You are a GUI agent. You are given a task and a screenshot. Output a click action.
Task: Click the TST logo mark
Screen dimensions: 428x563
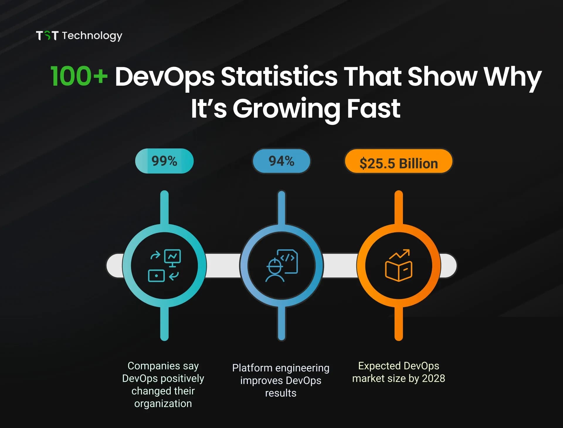pos(47,35)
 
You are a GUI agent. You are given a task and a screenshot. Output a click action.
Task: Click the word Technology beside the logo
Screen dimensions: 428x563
pos(92,36)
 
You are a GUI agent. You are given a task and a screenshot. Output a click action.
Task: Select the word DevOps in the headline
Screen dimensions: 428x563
pos(165,77)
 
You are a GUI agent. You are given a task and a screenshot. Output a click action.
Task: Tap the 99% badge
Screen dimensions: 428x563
pos(164,161)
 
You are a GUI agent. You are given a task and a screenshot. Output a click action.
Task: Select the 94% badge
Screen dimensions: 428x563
pos(281,161)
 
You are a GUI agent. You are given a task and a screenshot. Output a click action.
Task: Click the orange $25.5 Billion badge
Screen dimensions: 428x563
pos(398,163)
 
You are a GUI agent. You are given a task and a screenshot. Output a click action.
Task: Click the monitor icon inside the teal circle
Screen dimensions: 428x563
pos(172,257)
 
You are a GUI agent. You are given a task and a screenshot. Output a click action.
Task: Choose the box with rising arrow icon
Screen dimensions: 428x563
pos(398,265)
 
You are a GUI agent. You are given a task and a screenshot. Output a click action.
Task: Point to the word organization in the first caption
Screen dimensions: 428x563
pos(163,404)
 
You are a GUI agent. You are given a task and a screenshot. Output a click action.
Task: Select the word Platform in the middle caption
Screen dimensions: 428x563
pos(252,368)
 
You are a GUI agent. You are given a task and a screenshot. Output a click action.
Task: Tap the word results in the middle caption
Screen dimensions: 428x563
pos(281,393)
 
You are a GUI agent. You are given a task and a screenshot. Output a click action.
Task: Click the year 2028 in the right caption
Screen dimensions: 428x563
pos(433,378)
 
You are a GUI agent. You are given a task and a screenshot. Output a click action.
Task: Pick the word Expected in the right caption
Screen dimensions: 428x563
pos(379,366)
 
